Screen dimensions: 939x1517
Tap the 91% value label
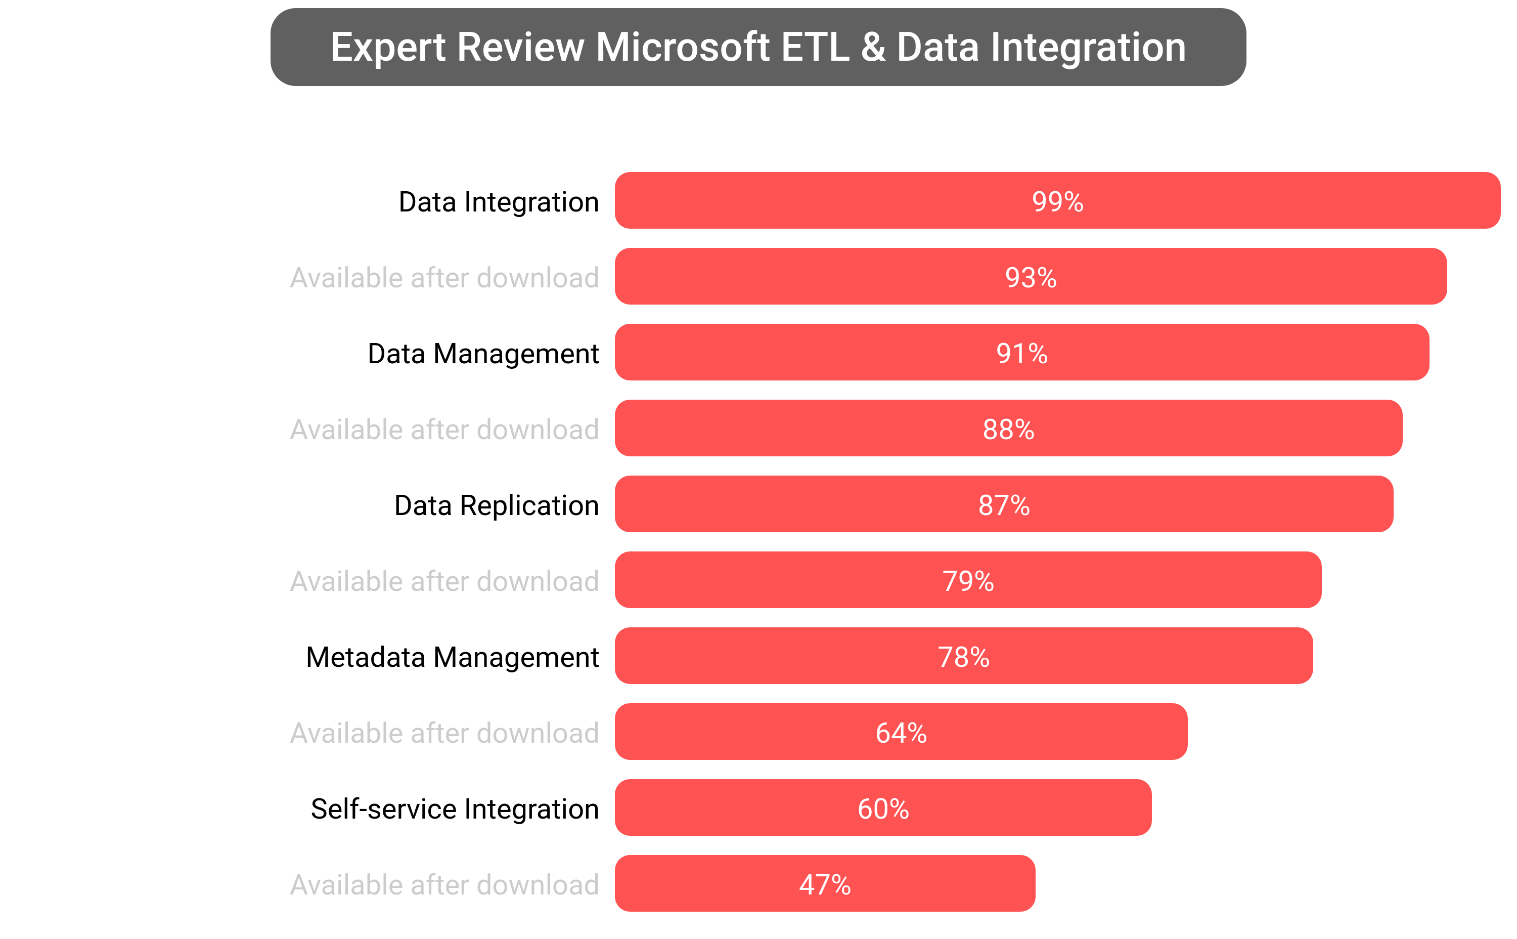pyautogui.click(x=1021, y=353)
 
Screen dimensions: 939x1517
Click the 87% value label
pyautogui.click(x=1004, y=505)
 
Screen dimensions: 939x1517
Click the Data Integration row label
pyautogui.click(x=499, y=202)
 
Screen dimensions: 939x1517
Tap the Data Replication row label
pyautogui.click(x=497, y=505)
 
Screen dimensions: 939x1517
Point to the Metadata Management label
pyautogui.click(x=452, y=657)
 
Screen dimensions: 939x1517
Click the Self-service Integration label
pyautogui.click(x=455, y=809)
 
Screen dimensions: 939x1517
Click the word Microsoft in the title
pyautogui.click(x=683, y=47)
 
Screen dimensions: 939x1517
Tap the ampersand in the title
pyautogui.click(x=873, y=47)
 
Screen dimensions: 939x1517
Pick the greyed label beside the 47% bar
pyautogui.click(x=444, y=885)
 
